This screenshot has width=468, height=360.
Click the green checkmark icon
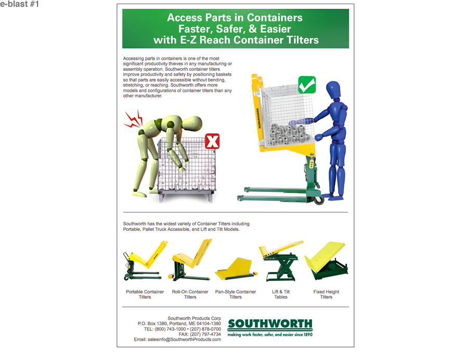(307, 85)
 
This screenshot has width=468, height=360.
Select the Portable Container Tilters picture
(145, 262)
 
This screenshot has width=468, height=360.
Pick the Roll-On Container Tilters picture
(191, 261)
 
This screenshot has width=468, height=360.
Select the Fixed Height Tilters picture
(326, 260)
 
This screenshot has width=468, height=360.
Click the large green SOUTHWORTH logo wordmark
(270, 324)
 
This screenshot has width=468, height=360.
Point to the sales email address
(177, 340)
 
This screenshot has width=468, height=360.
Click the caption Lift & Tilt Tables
(281, 294)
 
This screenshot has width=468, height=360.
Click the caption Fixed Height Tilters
(326, 294)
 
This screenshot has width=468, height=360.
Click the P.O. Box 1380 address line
(179, 324)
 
